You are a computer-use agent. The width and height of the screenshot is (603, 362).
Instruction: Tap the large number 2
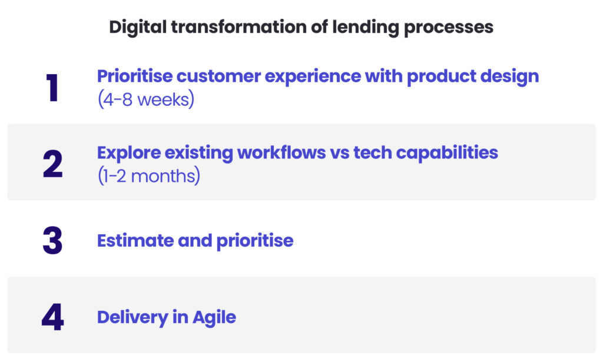coord(52,164)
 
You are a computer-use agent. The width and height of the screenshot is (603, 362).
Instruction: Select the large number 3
coord(52,241)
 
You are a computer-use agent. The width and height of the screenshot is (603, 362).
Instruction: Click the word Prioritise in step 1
coord(134,77)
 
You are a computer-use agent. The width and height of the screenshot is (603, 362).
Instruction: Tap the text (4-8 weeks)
coord(145,100)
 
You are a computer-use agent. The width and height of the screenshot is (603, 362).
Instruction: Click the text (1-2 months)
coord(148,176)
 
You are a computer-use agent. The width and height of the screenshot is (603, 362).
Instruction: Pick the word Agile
coord(214,317)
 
